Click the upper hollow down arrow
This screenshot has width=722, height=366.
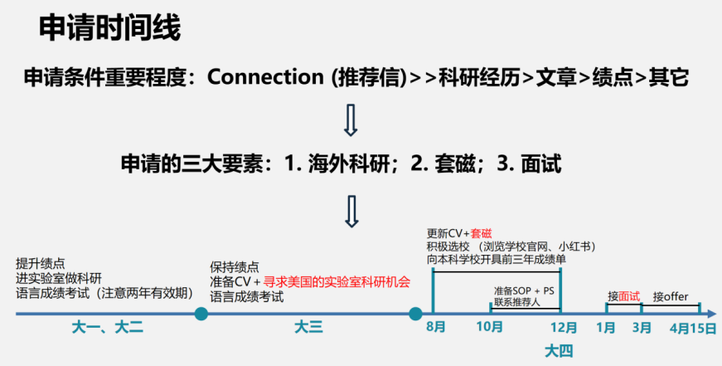pos(351,120)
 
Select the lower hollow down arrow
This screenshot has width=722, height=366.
pos(351,211)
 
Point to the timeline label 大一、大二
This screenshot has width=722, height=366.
pos(109,328)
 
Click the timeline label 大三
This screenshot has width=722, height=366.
pos(308,328)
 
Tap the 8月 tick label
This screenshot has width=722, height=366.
pos(436,328)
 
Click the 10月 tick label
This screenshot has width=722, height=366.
pos(491,328)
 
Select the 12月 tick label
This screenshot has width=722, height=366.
pos(565,328)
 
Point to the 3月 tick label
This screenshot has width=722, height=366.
pos(642,328)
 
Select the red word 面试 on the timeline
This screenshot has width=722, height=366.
pos(629,296)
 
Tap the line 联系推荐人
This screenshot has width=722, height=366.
pos(516,302)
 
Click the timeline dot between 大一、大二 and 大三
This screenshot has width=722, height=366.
pos(201,314)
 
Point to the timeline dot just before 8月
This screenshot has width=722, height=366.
pos(415,314)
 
